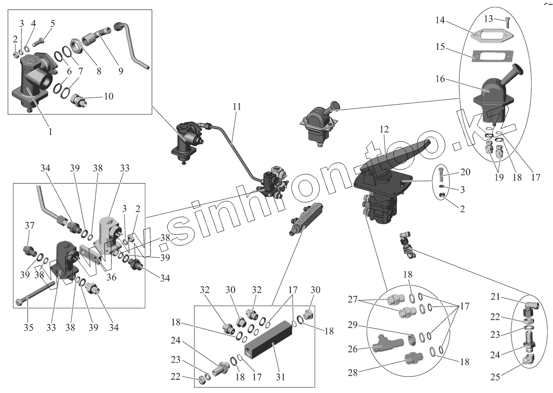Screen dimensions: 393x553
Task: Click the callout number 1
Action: pos(50,131)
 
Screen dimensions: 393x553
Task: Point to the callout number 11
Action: pos(236,107)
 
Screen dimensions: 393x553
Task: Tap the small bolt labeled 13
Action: pos(507,21)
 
